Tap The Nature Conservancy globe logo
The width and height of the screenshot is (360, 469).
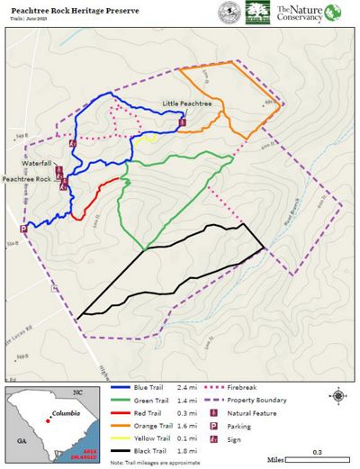[x=333, y=13]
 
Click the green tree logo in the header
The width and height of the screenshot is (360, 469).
[x=257, y=13]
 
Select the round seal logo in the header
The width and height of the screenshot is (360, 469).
[x=229, y=13]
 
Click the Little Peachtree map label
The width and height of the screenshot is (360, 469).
[x=187, y=104]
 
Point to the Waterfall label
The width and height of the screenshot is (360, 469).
[x=39, y=164]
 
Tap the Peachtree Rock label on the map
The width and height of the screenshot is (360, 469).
[x=25, y=179]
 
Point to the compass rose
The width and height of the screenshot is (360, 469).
[x=337, y=395]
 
